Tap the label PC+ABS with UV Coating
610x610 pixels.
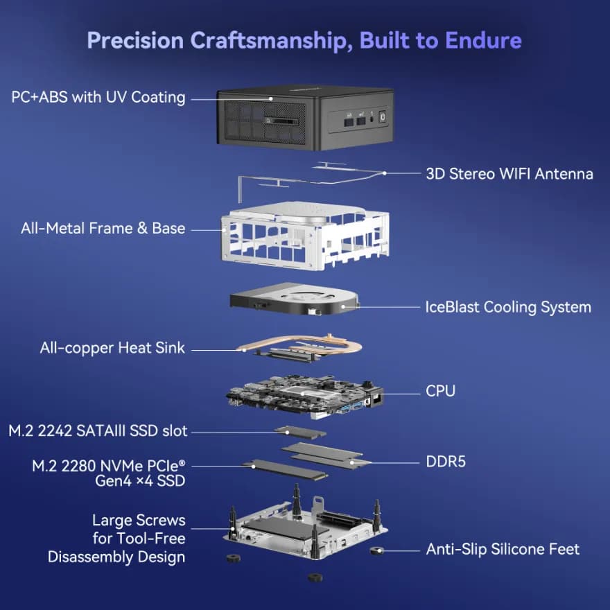[x=98, y=97]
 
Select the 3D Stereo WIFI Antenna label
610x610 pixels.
[x=509, y=173]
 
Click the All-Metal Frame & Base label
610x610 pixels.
[x=103, y=228]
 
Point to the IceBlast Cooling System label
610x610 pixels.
[x=508, y=306]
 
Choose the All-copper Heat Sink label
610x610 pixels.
[x=112, y=348]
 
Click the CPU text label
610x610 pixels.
[x=440, y=391]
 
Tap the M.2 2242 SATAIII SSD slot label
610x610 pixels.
[x=98, y=431]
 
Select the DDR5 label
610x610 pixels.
[x=446, y=461]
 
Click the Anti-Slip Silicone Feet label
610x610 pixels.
[x=503, y=550]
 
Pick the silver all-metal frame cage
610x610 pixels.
[x=298, y=236]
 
